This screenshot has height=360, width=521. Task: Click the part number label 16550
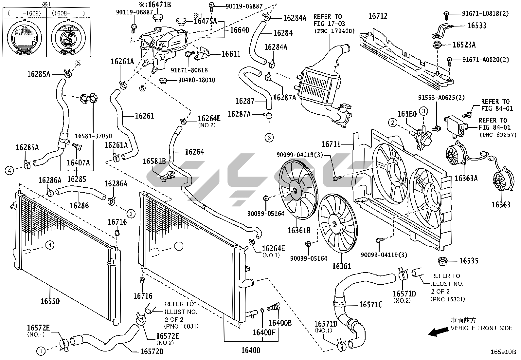point(50,301)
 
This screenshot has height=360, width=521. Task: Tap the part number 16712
point(378,16)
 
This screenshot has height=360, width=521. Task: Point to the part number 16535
point(469,261)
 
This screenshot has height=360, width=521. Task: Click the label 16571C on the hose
point(370,305)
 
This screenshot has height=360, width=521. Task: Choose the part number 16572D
point(152,351)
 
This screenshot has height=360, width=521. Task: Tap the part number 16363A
point(466,178)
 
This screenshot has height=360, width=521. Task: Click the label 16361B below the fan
point(299,230)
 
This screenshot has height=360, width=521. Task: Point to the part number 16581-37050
point(93,136)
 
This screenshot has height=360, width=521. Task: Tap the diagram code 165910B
point(503,352)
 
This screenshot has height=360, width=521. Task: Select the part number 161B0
point(407,114)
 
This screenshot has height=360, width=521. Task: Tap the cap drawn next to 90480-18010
point(163,80)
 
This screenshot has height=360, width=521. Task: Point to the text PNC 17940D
point(334,31)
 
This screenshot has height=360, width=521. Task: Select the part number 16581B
point(154,161)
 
